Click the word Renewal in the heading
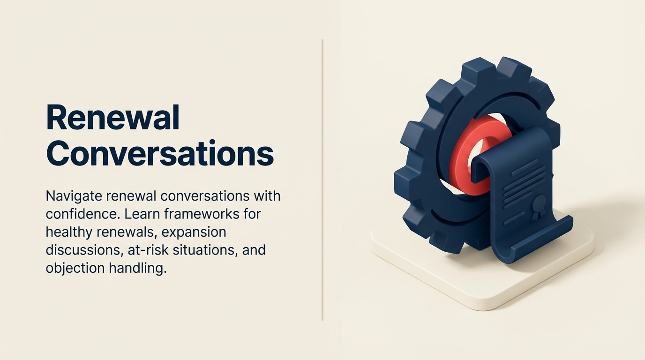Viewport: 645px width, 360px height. [112, 118]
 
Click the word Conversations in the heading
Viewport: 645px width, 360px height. [160, 153]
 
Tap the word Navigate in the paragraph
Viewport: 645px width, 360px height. [74, 195]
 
